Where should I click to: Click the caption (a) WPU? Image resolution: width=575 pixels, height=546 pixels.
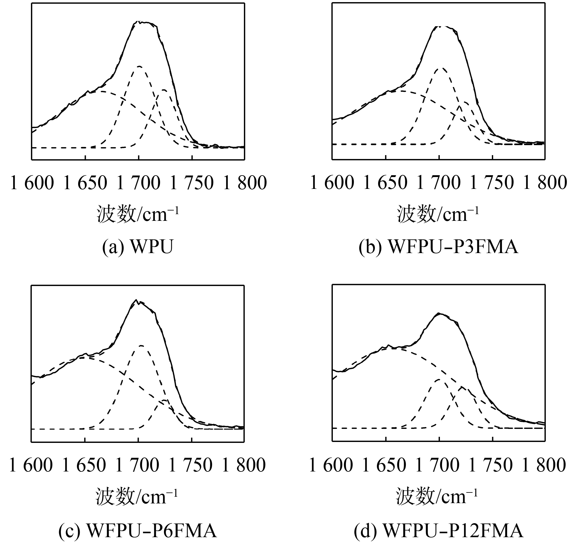click(x=138, y=247)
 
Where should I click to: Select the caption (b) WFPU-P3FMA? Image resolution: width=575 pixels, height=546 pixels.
click(x=438, y=247)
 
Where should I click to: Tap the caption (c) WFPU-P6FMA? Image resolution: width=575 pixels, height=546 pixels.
click(x=138, y=531)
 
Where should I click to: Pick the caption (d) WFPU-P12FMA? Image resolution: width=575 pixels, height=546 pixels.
click(x=438, y=531)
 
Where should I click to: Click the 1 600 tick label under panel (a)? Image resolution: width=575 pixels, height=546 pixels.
click(x=32, y=183)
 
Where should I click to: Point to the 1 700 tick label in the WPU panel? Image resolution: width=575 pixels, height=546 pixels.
click(x=138, y=183)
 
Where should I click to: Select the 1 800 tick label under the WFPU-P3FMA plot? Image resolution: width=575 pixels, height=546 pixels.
click(x=545, y=183)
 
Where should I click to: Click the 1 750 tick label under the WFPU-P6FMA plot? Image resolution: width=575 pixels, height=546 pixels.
click(x=191, y=466)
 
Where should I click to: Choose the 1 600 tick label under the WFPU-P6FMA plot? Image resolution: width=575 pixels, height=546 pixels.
click(x=31, y=466)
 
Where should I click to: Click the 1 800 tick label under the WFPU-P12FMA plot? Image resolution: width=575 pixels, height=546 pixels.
click(x=544, y=466)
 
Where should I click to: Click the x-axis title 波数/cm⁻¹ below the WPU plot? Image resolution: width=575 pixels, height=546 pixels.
click(x=138, y=214)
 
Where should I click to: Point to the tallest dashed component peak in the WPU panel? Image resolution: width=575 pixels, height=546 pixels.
click(x=140, y=66)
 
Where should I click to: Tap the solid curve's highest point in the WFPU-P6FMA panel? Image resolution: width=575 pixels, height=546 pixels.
click(x=137, y=300)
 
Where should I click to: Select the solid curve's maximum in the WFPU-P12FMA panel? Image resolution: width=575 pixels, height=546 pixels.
click(x=439, y=313)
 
